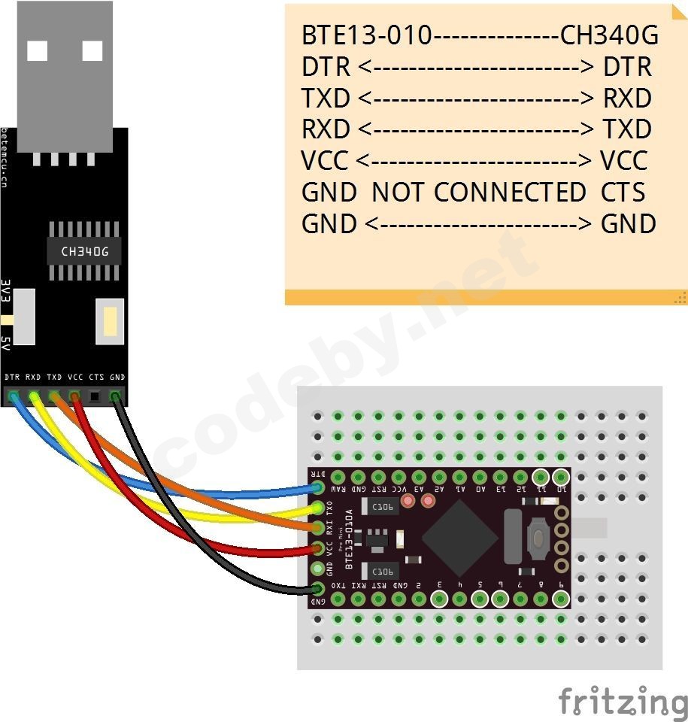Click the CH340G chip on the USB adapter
click(83, 251)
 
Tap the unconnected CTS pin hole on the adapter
click(95, 396)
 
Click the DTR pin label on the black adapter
click(12, 377)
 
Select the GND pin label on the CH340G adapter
click(117, 377)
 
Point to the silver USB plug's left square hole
click(37, 50)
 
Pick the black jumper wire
click(226, 572)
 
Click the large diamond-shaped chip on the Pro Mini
click(459, 537)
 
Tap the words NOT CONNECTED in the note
click(479, 193)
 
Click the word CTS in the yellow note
click(623, 193)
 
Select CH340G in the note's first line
click(609, 35)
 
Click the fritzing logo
click(623, 701)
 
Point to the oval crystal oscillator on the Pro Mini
click(513, 536)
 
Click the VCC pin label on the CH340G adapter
click(75, 377)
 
